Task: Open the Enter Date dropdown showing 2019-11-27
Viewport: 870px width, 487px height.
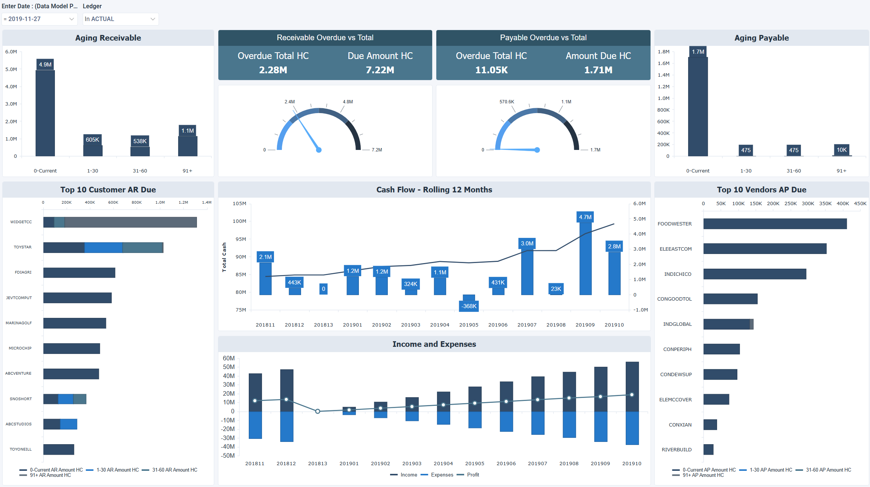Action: pos(39,19)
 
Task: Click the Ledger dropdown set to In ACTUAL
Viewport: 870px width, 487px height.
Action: pos(120,19)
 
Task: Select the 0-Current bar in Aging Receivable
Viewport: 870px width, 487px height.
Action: pos(45,113)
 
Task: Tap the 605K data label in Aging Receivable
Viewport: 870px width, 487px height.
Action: pos(92,140)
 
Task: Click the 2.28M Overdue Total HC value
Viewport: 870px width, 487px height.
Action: pos(273,70)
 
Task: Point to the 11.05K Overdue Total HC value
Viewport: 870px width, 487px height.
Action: pos(491,70)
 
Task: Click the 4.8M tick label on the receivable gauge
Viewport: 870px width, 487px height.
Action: pos(348,102)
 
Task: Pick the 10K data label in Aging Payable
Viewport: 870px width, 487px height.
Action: pos(841,150)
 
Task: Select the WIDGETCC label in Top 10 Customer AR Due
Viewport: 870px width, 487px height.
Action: pos(21,222)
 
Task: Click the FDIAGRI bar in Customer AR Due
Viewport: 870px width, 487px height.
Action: pos(79,273)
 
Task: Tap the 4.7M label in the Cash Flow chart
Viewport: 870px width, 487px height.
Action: pos(585,217)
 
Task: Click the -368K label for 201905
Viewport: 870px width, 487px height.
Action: pos(469,306)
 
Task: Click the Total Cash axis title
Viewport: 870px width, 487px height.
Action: pos(224,257)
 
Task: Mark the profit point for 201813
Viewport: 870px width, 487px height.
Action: pos(318,411)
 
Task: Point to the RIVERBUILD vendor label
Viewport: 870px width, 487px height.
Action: pos(676,450)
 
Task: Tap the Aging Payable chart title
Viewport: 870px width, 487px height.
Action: pos(761,38)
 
